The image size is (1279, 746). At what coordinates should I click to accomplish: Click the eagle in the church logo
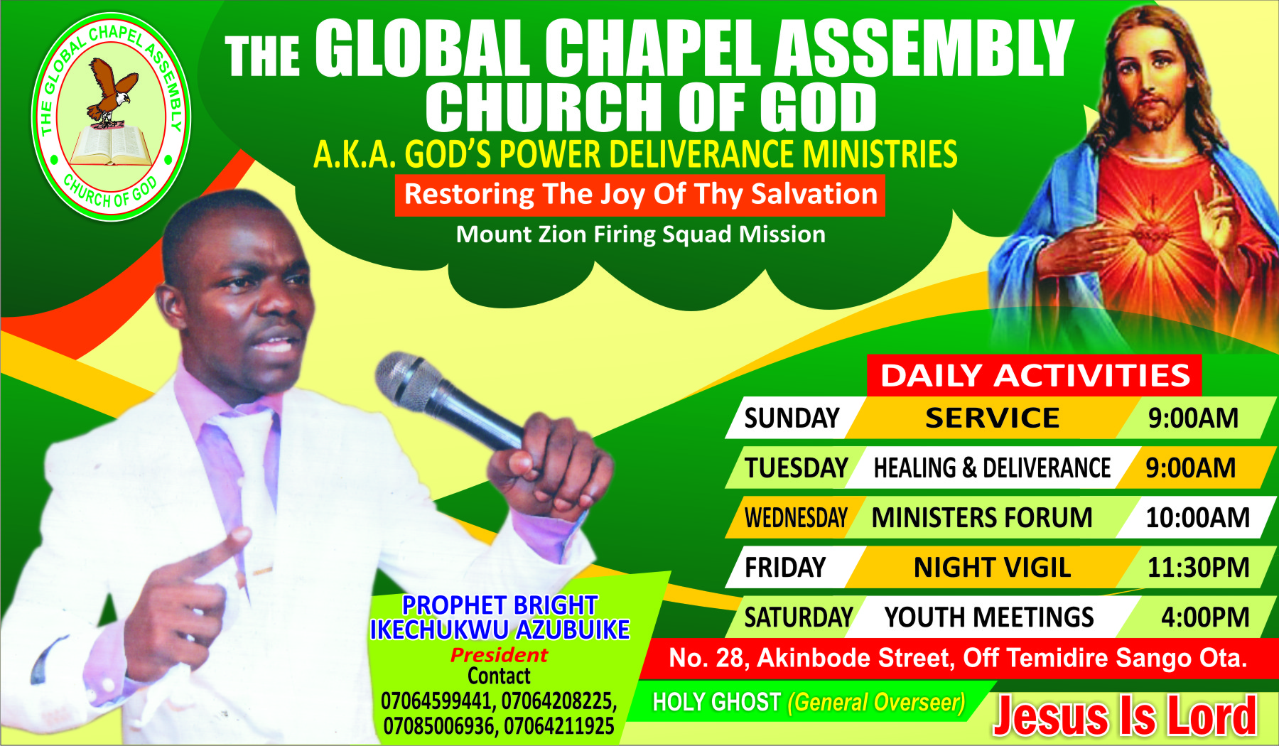tap(111, 91)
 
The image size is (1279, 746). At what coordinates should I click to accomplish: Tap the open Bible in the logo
tap(111, 146)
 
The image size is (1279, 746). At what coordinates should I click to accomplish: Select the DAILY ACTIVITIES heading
tap(1035, 375)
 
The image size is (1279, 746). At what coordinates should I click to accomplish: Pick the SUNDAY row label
tap(792, 418)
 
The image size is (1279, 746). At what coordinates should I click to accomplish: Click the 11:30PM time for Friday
tap(1198, 567)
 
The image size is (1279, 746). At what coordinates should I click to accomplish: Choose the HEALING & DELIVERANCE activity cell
tap(992, 467)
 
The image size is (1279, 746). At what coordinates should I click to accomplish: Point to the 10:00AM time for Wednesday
tap(1197, 517)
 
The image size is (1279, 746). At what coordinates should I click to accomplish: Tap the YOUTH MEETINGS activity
tap(989, 617)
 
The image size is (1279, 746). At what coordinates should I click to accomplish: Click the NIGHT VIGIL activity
tap(992, 567)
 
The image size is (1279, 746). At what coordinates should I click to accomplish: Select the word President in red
tap(499, 654)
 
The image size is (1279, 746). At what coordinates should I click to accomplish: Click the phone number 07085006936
tap(438, 726)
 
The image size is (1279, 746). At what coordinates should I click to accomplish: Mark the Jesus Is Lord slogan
tap(1124, 715)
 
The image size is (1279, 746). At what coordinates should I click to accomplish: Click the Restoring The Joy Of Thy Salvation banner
tap(640, 194)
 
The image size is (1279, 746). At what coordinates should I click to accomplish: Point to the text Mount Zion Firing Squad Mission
tap(640, 234)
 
